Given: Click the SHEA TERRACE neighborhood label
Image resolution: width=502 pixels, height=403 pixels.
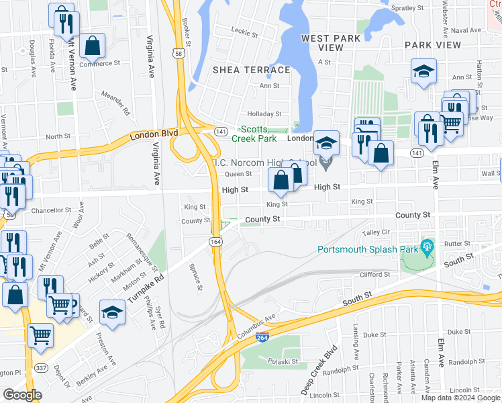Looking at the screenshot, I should pyautogui.click(x=240, y=69).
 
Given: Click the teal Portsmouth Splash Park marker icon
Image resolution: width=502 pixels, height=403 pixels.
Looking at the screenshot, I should pyautogui.click(x=425, y=248).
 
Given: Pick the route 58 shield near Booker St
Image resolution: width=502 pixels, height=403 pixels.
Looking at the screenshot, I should pyautogui.click(x=178, y=53).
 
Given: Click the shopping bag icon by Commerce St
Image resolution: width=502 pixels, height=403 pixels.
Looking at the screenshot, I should pyautogui.click(x=92, y=46).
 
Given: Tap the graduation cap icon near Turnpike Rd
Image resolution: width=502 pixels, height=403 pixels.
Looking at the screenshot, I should pyautogui.click(x=112, y=312).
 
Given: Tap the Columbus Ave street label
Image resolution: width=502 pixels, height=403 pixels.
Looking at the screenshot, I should pyautogui.click(x=256, y=326).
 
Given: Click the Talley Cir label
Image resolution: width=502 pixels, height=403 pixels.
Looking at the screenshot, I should pyautogui.click(x=376, y=232).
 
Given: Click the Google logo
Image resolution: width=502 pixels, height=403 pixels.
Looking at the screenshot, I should pyautogui.click(x=22, y=395).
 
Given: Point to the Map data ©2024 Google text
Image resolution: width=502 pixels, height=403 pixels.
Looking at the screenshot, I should pyautogui.click(x=460, y=398).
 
